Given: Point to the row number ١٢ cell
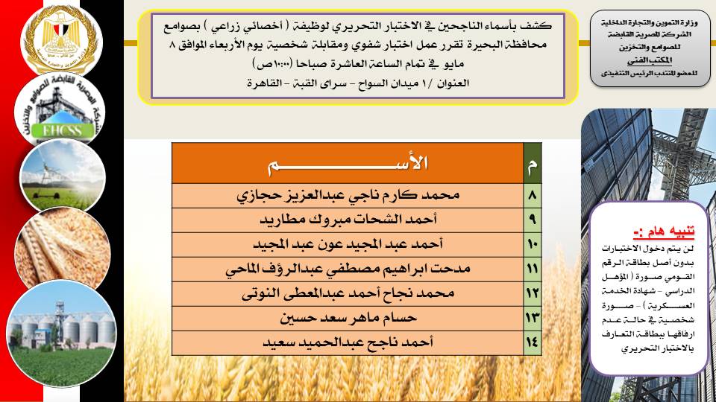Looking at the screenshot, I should [x=533, y=295].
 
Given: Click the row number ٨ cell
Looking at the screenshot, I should [x=533, y=197].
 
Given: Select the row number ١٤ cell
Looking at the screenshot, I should [x=533, y=343].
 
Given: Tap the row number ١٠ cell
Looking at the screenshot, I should [x=533, y=246].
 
